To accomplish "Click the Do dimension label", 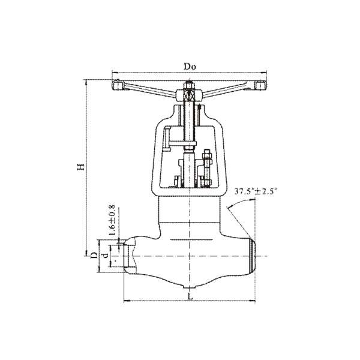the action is pos(190,67).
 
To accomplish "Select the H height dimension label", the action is pos(81,167).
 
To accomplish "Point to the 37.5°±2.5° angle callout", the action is pos(256,191).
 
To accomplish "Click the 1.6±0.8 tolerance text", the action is pos(112,220).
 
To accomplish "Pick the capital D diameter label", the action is pos(94,255).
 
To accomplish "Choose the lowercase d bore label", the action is pos(105,256).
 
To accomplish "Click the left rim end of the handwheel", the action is pos(118,85).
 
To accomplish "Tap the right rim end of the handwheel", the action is pos(260,85).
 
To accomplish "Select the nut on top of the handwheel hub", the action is pos(189,85).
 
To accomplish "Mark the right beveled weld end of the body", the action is pos(252,256).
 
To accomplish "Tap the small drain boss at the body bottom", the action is pos(189,287).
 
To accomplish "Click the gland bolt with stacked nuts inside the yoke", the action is pos(207,167).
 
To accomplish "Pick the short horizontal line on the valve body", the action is pos(191,240).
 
